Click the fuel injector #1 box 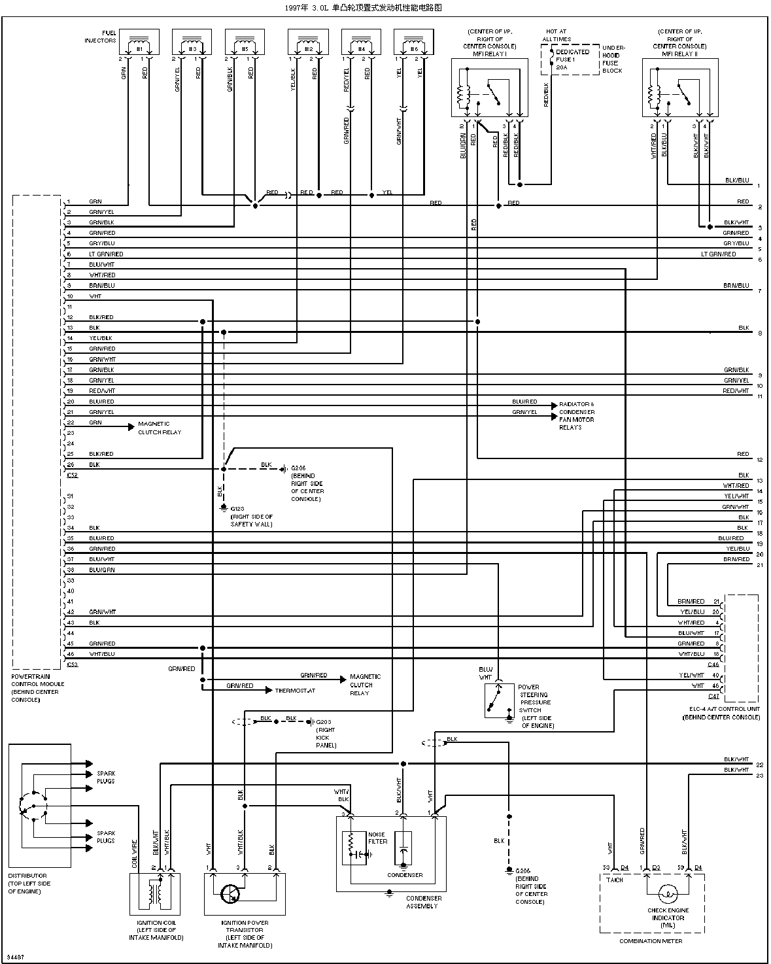[139, 43]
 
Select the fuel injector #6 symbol [414, 43]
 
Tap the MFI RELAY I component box [488, 89]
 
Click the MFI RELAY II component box [679, 89]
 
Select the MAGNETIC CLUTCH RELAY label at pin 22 [160, 428]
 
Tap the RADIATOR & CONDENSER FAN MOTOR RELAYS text [576, 416]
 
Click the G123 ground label [251, 517]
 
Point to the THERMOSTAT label [295, 691]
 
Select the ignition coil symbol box [155, 893]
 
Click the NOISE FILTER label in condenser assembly [377, 838]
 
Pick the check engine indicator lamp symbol [667, 893]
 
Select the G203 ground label [325, 730]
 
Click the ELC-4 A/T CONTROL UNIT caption [721, 713]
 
